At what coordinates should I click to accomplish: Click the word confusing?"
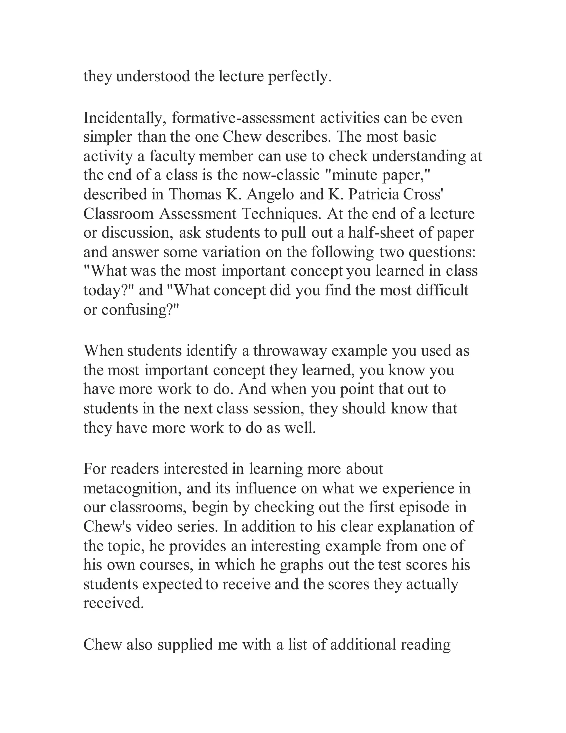[x=140, y=310]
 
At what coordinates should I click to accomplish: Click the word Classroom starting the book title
[x=119, y=214]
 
